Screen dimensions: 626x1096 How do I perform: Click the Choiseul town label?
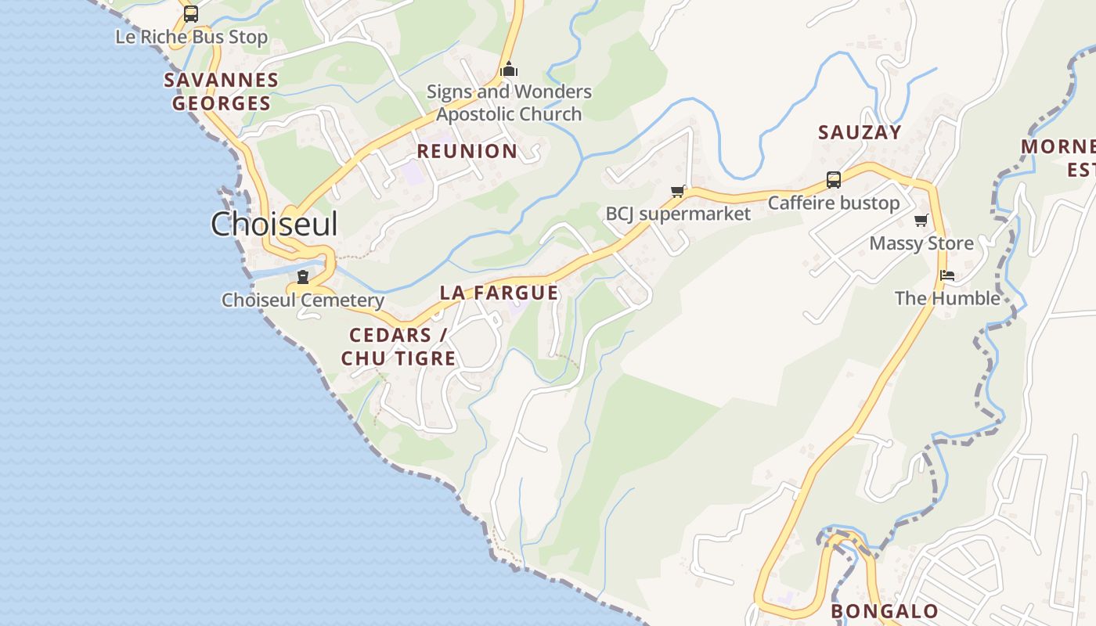274,225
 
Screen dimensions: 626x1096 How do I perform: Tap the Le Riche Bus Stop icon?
190,14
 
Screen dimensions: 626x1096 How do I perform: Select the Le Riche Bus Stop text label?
191,37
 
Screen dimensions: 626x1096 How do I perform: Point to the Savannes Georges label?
222,92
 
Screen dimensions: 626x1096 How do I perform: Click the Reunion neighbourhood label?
467,151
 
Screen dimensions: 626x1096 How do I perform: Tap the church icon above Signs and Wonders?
509,70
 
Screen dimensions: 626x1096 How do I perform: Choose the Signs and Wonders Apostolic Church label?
509,103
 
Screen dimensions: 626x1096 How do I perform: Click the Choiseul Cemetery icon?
303,276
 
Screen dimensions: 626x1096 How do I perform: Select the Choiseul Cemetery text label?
303,300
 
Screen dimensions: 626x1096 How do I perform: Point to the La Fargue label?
499,293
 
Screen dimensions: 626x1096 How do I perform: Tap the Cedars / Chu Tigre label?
398,347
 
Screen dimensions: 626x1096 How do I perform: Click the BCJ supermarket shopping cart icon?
678,191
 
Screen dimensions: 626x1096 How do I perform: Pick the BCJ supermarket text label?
678,214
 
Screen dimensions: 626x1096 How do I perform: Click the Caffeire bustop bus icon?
834,180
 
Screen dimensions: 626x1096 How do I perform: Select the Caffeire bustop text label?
834,203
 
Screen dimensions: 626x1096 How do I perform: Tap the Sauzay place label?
860,132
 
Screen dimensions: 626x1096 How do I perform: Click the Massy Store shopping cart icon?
921,220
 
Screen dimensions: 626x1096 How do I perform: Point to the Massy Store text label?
921,243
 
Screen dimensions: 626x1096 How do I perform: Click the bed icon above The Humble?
947,275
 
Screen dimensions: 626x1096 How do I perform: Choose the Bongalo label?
885,611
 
